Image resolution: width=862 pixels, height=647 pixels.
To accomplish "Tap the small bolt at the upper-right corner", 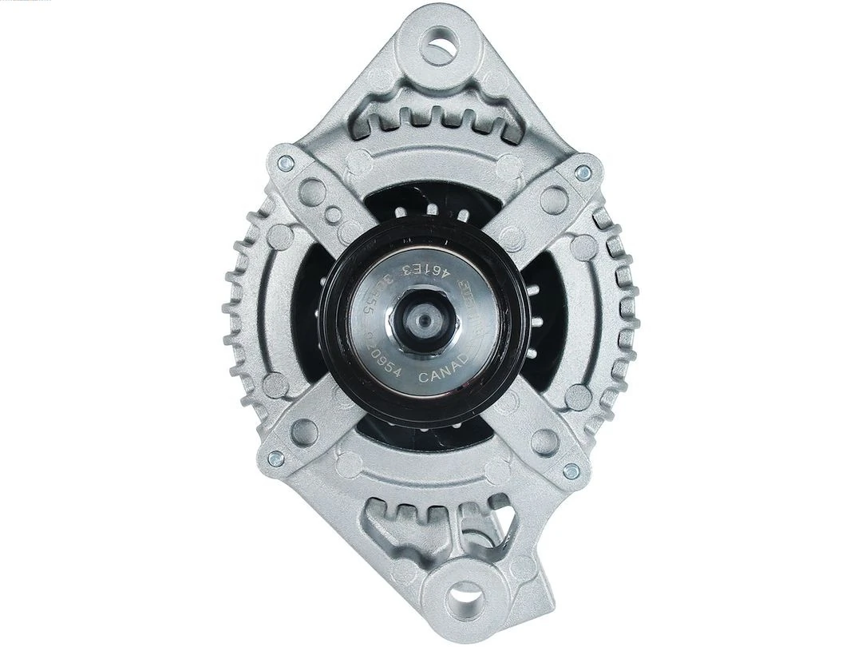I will click(x=583, y=171).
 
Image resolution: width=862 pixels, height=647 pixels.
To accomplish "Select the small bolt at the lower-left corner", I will click(x=275, y=458).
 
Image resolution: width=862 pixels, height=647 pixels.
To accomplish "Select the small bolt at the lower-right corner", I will click(x=571, y=470).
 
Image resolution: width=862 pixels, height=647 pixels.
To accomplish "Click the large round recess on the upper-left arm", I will click(x=314, y=190).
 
